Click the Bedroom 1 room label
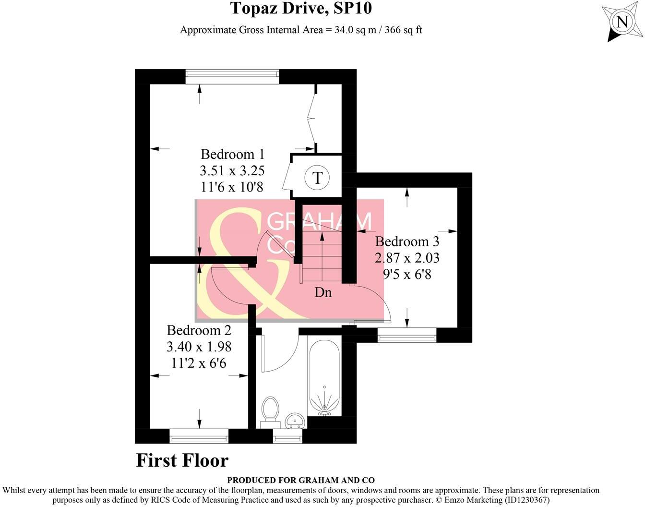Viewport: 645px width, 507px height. (x=232, y=154)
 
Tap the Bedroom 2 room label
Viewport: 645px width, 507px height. (x=199, y=330)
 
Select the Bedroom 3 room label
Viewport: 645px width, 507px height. (x=407, y=241)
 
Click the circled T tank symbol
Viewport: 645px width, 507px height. (x=317, y=177)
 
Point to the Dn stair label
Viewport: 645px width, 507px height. (x=323, y=292)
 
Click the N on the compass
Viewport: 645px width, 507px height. (x=622, y=22)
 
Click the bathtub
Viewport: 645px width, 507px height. (x=324, y=377)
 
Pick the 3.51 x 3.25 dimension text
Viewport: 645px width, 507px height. (x=232, y=170)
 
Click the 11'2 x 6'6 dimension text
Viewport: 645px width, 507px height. (x=199, y=363)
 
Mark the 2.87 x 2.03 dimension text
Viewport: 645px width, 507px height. (x=407, y=258)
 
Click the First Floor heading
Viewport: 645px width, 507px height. (x=182, y=460)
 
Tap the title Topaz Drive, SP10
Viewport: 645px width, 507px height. (x=301, y=8)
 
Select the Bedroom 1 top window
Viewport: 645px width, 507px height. (x=232, y=74)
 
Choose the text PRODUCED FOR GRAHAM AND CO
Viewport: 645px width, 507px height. (x=301, y=480)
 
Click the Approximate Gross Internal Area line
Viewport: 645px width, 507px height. (x=301, y=30)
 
